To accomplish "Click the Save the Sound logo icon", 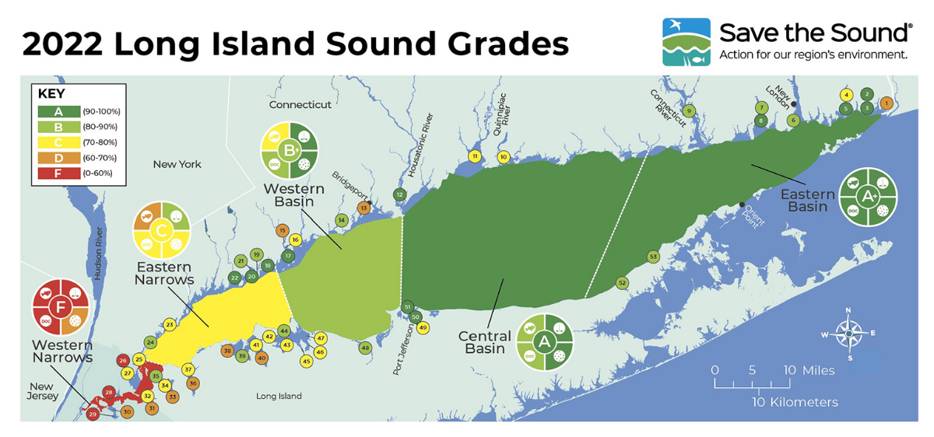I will [x=686, y=42].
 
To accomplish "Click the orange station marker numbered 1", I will [x=886, y=103].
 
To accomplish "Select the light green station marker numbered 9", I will [x=689, y=111].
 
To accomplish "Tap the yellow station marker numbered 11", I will [x=475, y=156].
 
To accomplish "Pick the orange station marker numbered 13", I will [x=363, y=208].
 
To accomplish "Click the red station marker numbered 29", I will [x=93, y=414].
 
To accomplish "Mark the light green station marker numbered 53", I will [x=653, y=257].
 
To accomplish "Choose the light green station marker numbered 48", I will [x=365, y=348].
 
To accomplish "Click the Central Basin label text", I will [x=484, y=342].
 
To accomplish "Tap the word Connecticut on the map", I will [x=300, y=104].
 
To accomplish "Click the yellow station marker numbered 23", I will [x=170, y=324].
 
